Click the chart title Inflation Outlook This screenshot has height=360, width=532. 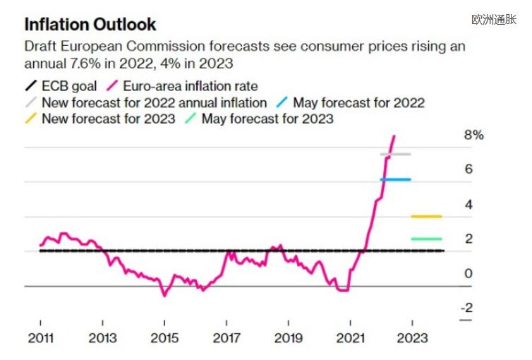click(90, 25)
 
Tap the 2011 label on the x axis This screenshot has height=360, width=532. click(41, 338)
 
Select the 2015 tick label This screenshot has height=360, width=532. click(164, 338)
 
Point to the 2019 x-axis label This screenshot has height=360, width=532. click(289, 338)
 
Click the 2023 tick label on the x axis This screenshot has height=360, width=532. click(412, 338)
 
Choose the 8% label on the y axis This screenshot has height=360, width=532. click(473, 135)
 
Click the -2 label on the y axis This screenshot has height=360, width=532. click(468, 307)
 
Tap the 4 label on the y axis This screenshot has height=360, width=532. click(468, 204)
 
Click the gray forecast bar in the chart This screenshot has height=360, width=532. click(396, 154)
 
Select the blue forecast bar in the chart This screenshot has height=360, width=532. click(396, 179)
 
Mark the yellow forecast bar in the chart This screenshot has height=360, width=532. click(426, 216)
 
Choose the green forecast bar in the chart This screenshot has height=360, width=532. click(426, 239)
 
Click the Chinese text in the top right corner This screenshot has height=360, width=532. click(494, 20)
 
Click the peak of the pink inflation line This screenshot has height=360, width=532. click(394, 136)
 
